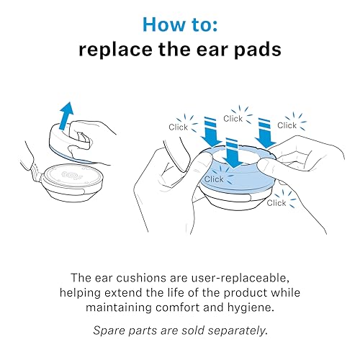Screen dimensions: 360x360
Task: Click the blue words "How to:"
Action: point(180,24)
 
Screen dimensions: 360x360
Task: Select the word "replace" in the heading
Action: point(116,50)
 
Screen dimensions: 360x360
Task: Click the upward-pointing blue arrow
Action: point(66,116)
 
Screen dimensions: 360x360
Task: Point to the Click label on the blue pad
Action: point(214,179)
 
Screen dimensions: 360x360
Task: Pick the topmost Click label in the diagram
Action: point(233,118)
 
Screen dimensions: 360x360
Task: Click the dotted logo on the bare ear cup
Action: point(70,175)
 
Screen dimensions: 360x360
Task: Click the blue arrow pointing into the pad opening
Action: point(232,153)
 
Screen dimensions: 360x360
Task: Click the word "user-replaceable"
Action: point(240,278)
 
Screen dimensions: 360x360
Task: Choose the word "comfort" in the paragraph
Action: point(177,307)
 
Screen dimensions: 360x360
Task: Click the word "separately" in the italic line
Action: point(238,330)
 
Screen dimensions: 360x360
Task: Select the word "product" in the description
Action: point(246,293)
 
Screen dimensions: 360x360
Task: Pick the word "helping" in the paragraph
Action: point(80,293)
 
